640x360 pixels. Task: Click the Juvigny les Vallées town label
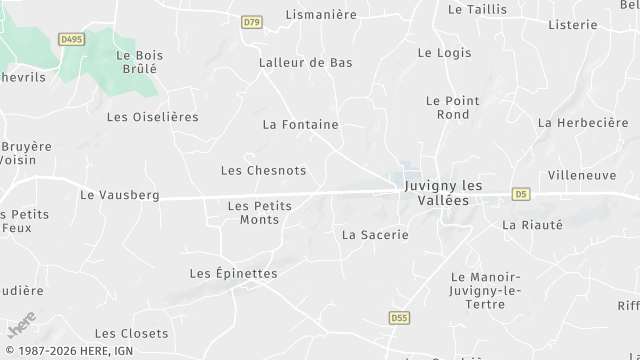click(443, 193)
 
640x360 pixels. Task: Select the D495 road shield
click(71, 39)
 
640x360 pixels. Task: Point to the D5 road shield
click(521, 193)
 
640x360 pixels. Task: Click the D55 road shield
click(399, 318)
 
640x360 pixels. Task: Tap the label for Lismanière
click(322, 14)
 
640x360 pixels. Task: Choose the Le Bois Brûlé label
click(139, 63)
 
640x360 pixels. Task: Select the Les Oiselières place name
click(152, 117)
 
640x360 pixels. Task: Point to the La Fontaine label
click(300, 125)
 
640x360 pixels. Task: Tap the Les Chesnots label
click(263, 171)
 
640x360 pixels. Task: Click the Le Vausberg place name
click(119, 195)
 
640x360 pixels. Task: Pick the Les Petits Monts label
click(259, 213)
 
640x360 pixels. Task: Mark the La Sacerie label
click(375, 235)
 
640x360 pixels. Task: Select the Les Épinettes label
click(233, 273)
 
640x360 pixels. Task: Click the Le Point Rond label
click(447, 107)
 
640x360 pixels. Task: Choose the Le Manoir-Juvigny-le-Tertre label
click(486, 290)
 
